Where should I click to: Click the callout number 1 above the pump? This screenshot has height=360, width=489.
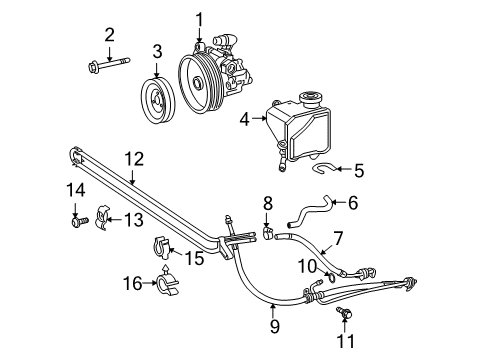tap(199, 17)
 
